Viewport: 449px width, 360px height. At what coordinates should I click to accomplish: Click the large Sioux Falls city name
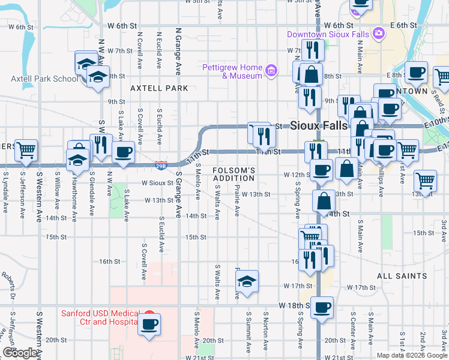tap(318, 126)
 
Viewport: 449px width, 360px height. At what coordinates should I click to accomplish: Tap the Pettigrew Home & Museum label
tap(234, 71)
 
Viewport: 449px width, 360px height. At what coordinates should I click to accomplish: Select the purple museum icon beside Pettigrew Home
tap(271, 72)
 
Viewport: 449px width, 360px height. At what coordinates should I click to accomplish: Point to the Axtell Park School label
tap(44, 79)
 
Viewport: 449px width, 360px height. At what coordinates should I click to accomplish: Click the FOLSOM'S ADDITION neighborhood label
tap(234, 175)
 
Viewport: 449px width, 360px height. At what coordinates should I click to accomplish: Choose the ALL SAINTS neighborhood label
tap(402, 277)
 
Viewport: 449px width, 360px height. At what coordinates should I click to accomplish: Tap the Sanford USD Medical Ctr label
tap(99, 317)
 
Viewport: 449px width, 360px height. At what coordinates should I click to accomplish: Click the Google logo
tap(20, 352)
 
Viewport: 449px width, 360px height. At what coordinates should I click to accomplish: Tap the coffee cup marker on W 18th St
tap(322, 307)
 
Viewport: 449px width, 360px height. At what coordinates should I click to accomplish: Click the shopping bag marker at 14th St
tap(324, 202)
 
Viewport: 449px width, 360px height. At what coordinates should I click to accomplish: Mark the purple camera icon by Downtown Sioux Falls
tap(378, 34)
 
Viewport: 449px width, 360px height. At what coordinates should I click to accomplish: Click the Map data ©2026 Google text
tap(411, 355)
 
